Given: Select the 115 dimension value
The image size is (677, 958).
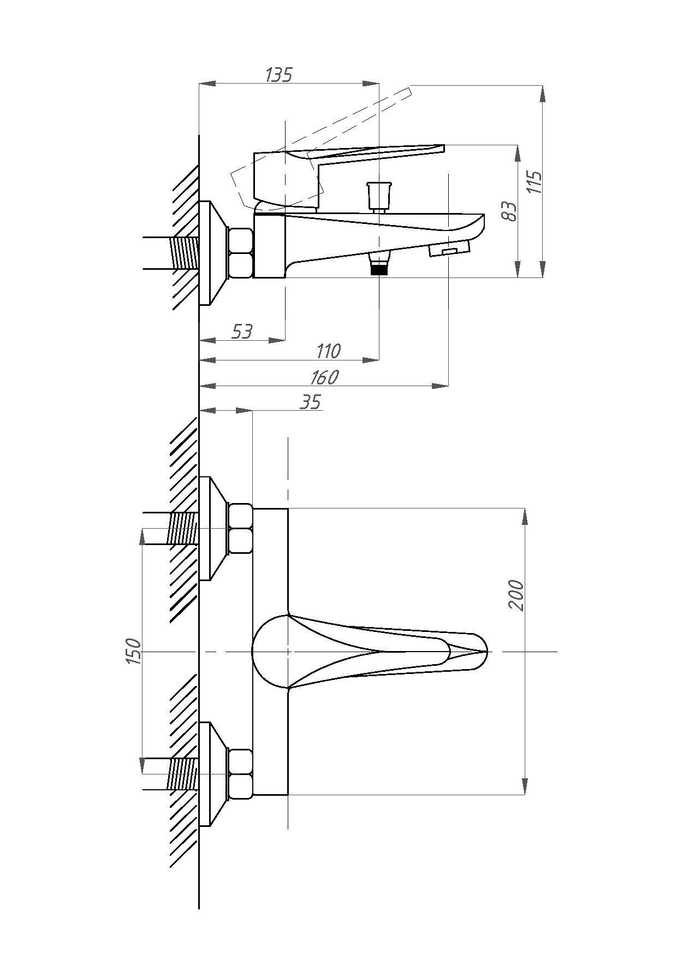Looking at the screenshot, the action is click(535, 182).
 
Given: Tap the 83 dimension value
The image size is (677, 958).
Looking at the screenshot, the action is click(509, 211).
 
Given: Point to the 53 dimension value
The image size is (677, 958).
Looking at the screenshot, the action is click(242, 331).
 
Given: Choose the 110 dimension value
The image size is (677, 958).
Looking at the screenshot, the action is click(329, 351).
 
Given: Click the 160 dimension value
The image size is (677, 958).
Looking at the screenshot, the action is click(325, 377).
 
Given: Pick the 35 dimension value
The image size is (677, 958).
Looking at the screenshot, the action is click(311, 402).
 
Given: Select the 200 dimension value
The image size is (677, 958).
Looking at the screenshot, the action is click(516, 595).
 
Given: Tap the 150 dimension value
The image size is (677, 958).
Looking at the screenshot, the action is click(134, 651).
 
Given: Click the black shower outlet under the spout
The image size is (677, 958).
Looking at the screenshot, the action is click(379, 269).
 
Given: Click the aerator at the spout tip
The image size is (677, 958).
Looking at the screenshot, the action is click(449, 250).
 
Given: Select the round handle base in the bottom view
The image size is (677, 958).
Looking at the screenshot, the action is click(270, 651).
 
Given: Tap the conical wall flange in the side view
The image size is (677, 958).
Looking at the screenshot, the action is click(213, 252).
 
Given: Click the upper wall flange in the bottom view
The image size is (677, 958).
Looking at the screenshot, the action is click(213, 528).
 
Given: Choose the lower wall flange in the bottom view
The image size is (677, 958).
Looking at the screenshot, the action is click(213, 774).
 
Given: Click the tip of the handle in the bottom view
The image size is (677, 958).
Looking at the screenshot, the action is click(486, 651).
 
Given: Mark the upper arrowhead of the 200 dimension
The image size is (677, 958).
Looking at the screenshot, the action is click(525, 517).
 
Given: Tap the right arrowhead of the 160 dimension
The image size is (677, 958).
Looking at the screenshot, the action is click(440, 386).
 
